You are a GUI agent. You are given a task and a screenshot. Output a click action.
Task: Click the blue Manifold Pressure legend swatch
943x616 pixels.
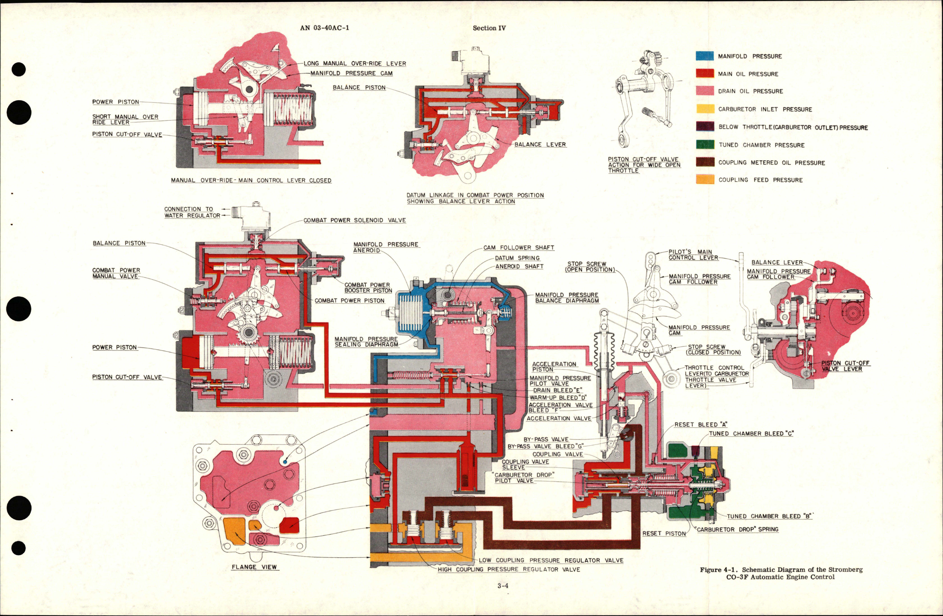point(705,56)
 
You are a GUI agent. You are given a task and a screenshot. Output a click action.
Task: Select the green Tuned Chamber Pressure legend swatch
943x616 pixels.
point(705,145)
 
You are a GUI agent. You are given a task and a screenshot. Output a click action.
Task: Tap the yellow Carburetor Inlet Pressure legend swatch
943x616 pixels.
point(705,109)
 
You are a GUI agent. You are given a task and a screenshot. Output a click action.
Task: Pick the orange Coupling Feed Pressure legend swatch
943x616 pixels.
point(705,179)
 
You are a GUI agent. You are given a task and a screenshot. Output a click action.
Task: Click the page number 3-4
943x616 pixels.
point(503,585)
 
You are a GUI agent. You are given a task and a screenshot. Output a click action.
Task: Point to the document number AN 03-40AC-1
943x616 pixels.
point(325,28)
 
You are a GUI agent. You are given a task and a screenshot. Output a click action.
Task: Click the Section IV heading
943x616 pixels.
point(489,28)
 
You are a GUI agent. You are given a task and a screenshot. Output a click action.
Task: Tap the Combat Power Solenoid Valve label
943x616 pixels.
point(354,220)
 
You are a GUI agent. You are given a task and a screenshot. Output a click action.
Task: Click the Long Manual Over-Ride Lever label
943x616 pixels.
point(354,64)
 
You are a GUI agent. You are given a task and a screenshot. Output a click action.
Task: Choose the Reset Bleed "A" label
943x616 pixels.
point(700,424)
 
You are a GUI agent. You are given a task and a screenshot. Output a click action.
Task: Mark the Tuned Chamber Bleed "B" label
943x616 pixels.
point(769,516)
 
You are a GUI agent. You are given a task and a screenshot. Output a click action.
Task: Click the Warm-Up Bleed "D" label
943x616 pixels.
point(558,397)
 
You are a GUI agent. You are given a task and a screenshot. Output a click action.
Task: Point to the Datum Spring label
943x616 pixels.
point(517,258)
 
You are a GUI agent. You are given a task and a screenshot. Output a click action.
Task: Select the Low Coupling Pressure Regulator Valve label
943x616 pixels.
point(551,560)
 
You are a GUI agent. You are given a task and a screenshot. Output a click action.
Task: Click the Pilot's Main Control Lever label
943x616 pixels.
point(693,254)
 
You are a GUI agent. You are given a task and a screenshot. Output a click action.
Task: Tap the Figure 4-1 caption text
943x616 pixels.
point(781,573)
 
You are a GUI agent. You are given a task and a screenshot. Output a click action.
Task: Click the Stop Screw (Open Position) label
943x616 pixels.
point(590,266)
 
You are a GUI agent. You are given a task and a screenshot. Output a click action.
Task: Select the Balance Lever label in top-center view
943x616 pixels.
point(540,145)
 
